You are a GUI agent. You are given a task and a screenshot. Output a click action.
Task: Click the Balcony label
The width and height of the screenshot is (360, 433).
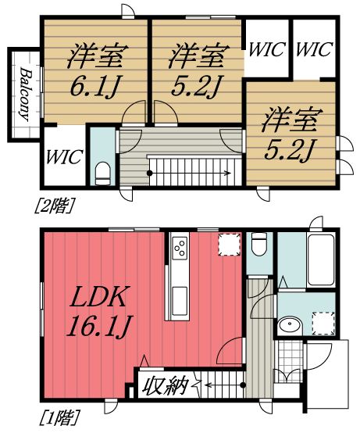25,94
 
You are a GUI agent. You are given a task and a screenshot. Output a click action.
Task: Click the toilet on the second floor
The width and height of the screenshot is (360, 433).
102,170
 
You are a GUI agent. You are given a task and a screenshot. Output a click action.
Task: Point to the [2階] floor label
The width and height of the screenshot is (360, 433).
50,207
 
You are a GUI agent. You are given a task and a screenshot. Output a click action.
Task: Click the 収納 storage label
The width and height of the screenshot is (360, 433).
164,385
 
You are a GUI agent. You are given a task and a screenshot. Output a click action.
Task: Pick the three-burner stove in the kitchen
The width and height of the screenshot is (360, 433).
179,249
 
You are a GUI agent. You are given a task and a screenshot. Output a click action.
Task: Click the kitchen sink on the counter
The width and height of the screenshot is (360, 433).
179,298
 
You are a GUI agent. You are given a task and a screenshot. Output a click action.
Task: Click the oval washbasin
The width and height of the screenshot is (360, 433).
290,324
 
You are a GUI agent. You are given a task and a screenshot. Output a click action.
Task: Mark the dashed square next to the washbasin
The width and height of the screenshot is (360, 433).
323,322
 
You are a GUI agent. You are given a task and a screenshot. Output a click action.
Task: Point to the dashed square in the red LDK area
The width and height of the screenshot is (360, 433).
229,245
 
